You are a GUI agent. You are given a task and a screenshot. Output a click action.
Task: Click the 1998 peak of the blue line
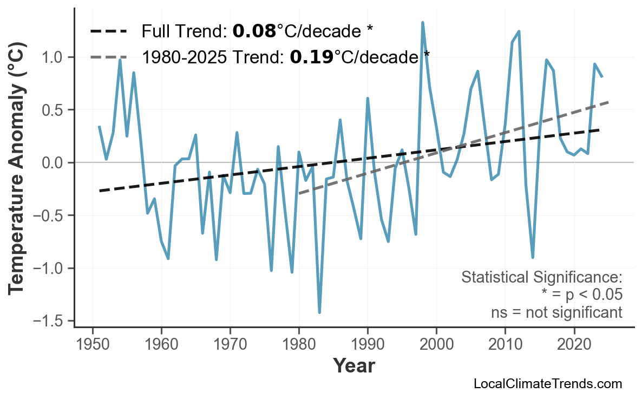(x=422, y=23)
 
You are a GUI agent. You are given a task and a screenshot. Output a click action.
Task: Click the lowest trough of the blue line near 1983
(x=319, y=312)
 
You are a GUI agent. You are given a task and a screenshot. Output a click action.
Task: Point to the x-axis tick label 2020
(x=574, y=345)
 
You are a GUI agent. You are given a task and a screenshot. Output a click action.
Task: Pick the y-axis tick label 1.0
(x=54, y=57)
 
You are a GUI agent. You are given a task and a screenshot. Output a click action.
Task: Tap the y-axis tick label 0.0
(x=54, y=162)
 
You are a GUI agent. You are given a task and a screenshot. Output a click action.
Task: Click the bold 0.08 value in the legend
(x=254, y=32)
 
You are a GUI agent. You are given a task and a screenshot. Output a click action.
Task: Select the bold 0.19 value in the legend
(x=311, y=56)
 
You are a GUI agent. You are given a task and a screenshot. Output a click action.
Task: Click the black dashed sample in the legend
(x=108, y=32)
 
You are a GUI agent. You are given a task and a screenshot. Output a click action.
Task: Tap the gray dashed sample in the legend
(x=108, y=56)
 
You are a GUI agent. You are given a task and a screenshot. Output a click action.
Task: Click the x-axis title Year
(x=353, y=366)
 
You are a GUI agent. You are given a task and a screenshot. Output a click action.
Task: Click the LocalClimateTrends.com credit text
(x=547, y=384)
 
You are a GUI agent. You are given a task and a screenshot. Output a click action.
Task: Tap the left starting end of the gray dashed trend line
(x=299, y=193)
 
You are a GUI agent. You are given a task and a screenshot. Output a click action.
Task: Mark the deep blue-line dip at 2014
(x=533, y=257)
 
